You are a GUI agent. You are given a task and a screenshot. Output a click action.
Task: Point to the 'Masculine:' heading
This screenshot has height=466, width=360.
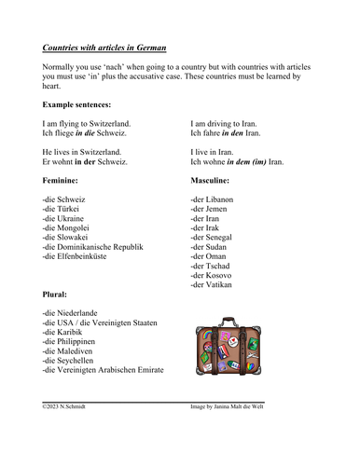[x=215, y=179]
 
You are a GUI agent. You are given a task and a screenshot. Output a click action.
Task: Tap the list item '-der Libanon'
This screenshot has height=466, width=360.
[x=212, y=200]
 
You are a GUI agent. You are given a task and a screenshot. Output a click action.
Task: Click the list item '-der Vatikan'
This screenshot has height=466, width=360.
[x=212, y=285]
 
